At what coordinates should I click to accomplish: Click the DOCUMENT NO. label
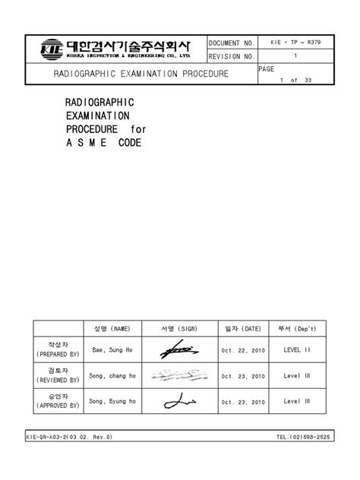232,43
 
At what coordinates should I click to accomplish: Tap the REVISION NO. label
232,57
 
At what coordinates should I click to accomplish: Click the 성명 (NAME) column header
112,329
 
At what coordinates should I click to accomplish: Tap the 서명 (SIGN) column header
179,329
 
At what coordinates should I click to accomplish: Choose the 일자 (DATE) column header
243,329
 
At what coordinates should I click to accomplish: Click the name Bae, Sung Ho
113,350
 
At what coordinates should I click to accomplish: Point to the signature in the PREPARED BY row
178,350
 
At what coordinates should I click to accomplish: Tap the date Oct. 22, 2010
243,350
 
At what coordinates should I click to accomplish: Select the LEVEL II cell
297,350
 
